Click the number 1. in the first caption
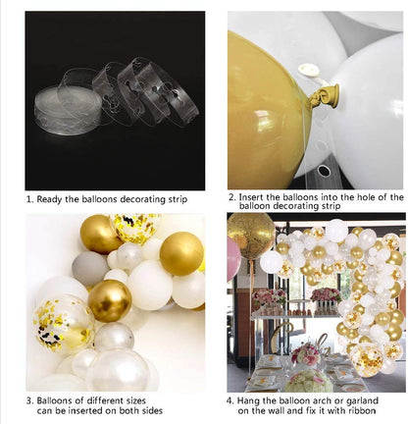pyautogui.click(x=30, y=198)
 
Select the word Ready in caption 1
pyautogui.click(x=52, y=198)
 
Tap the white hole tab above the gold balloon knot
pyautogui.click(x=311, y=70)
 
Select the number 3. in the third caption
pyautogui.click(x=30, y=401)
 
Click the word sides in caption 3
pyautogui.click(x=182, y=412)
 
